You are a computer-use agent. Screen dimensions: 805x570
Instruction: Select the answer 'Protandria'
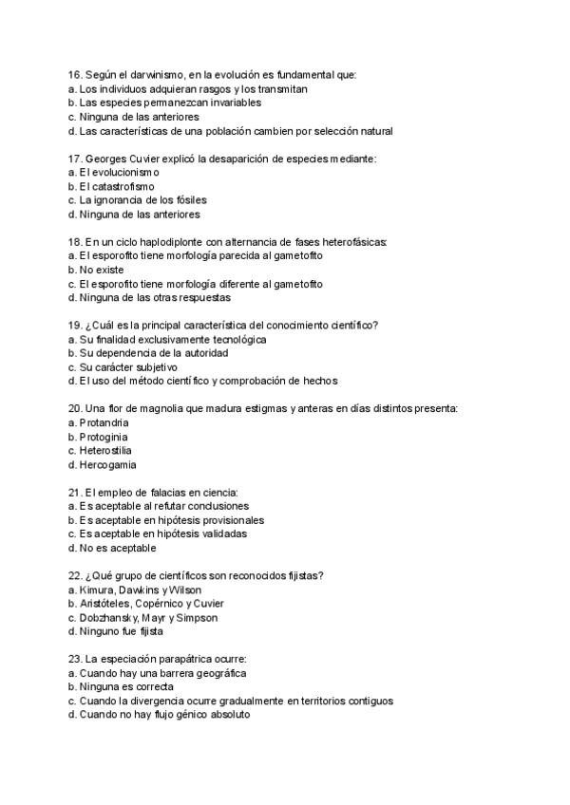pyautogui.click(x=104, y=422)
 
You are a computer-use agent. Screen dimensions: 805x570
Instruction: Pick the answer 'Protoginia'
pyautogui.click(x=103, y=437)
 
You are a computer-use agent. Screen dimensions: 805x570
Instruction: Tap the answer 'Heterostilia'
pyautogui.click(x=106, y=450)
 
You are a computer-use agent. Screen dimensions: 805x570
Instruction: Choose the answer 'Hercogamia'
pyautogui.click(x=107, y=465)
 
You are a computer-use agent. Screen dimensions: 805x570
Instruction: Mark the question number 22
pyautogui.click(x=75, y=575)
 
